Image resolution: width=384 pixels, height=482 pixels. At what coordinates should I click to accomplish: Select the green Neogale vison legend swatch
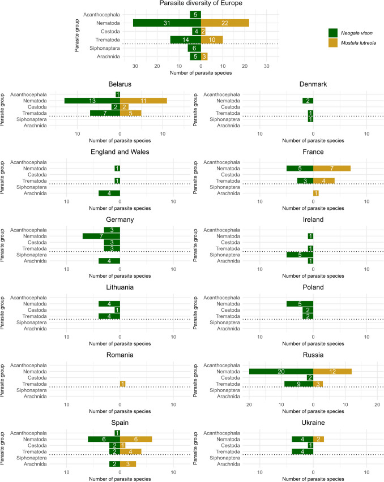tap(333, 32)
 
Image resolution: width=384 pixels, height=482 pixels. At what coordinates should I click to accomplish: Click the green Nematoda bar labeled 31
tap(167, 23)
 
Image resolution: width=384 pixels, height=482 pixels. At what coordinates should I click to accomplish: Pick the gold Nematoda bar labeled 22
tap(225, 23)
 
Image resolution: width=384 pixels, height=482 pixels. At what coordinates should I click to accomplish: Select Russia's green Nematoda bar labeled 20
tap(281, 371)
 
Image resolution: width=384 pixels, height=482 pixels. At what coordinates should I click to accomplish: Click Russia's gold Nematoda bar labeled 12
tap(332, 371)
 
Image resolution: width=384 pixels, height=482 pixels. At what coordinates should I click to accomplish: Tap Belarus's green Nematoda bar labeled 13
tap(92, 101)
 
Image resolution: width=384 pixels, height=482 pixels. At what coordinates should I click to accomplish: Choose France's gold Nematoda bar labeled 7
tap(332, 168)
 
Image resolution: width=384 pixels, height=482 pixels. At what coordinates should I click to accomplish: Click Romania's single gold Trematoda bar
tap(122, 384)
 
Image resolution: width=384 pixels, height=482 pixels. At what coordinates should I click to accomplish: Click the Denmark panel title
tap(313, 84)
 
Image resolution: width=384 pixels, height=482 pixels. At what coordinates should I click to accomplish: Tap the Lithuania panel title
tap(120, 287)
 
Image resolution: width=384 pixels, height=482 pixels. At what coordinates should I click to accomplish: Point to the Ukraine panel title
tap(313, 423)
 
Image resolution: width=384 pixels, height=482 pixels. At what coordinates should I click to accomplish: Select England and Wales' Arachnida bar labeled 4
tap(109, 193)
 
